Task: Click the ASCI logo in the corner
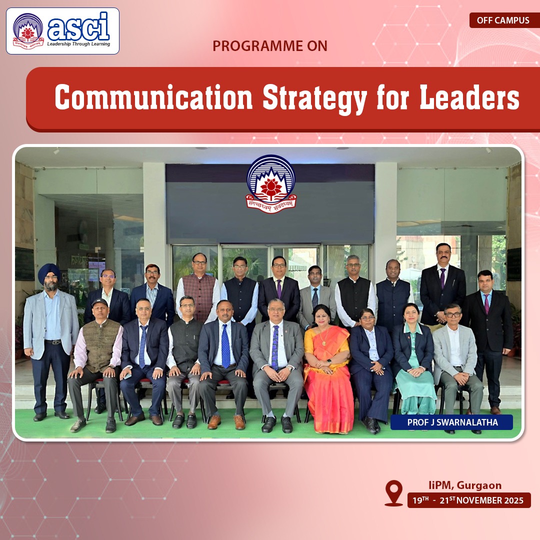click(62, 31)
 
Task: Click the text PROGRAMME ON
click(269, 46)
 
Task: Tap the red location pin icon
click(393, 493)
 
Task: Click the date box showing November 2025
click(469, 500)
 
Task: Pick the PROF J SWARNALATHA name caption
click(451, 422)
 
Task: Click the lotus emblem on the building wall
click(270, 184)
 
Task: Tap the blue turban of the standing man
click(49, 271)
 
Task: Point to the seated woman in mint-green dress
click(413, 360)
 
